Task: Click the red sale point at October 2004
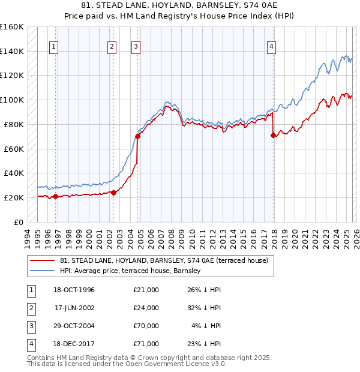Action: pyautogui.click(x=138, y=136)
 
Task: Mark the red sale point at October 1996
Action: pyautogui.click(x=56, y=196)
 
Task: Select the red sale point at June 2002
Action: pyautogui.click(x=114, y=193)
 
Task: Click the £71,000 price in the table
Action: pyautogui.click(x=146, y=344)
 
